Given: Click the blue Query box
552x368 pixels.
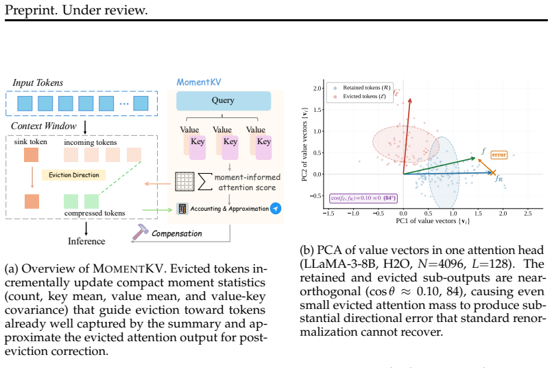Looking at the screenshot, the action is point(224,101).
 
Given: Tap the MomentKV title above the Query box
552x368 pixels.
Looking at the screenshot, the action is point(199,82).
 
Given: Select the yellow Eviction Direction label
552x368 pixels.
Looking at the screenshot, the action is point(73,175).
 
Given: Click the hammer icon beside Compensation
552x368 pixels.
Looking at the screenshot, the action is point(140,231).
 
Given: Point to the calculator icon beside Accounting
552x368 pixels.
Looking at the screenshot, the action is point(182,209).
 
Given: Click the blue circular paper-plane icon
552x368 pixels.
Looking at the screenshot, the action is point(276,208).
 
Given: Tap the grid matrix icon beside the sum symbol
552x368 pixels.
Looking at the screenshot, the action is point(185,181).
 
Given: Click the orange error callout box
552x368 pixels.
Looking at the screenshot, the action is point(499,154).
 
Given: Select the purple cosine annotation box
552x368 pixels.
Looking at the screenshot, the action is point(363,198).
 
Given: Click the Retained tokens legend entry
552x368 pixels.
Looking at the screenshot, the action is point(363,88).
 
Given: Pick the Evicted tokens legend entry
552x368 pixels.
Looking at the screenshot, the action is point(360,96).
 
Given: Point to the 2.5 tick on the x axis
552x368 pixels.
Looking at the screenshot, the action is point(528,214).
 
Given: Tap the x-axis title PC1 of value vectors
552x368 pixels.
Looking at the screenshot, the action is point(433,221).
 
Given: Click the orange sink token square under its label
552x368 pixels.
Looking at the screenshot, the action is point(32,155).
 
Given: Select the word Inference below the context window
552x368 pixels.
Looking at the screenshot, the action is point(86,241).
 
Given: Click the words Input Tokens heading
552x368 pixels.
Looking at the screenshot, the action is point(38,83).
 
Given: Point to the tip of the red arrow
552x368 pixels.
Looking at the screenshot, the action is point(410,99).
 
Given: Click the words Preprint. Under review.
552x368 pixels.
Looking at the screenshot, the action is point(76,10).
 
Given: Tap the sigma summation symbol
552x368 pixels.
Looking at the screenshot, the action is point(205,181).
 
